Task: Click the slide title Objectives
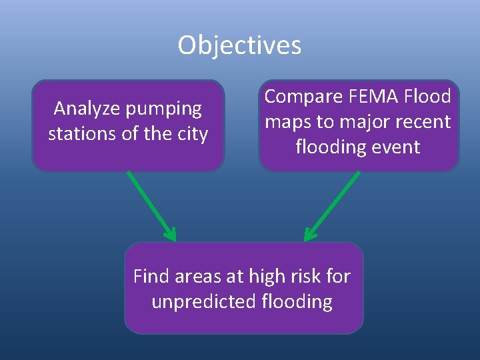click(x=239, y=45)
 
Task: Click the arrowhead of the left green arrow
click(x=171, y=235)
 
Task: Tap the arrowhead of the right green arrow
click(x=309, y=235)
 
